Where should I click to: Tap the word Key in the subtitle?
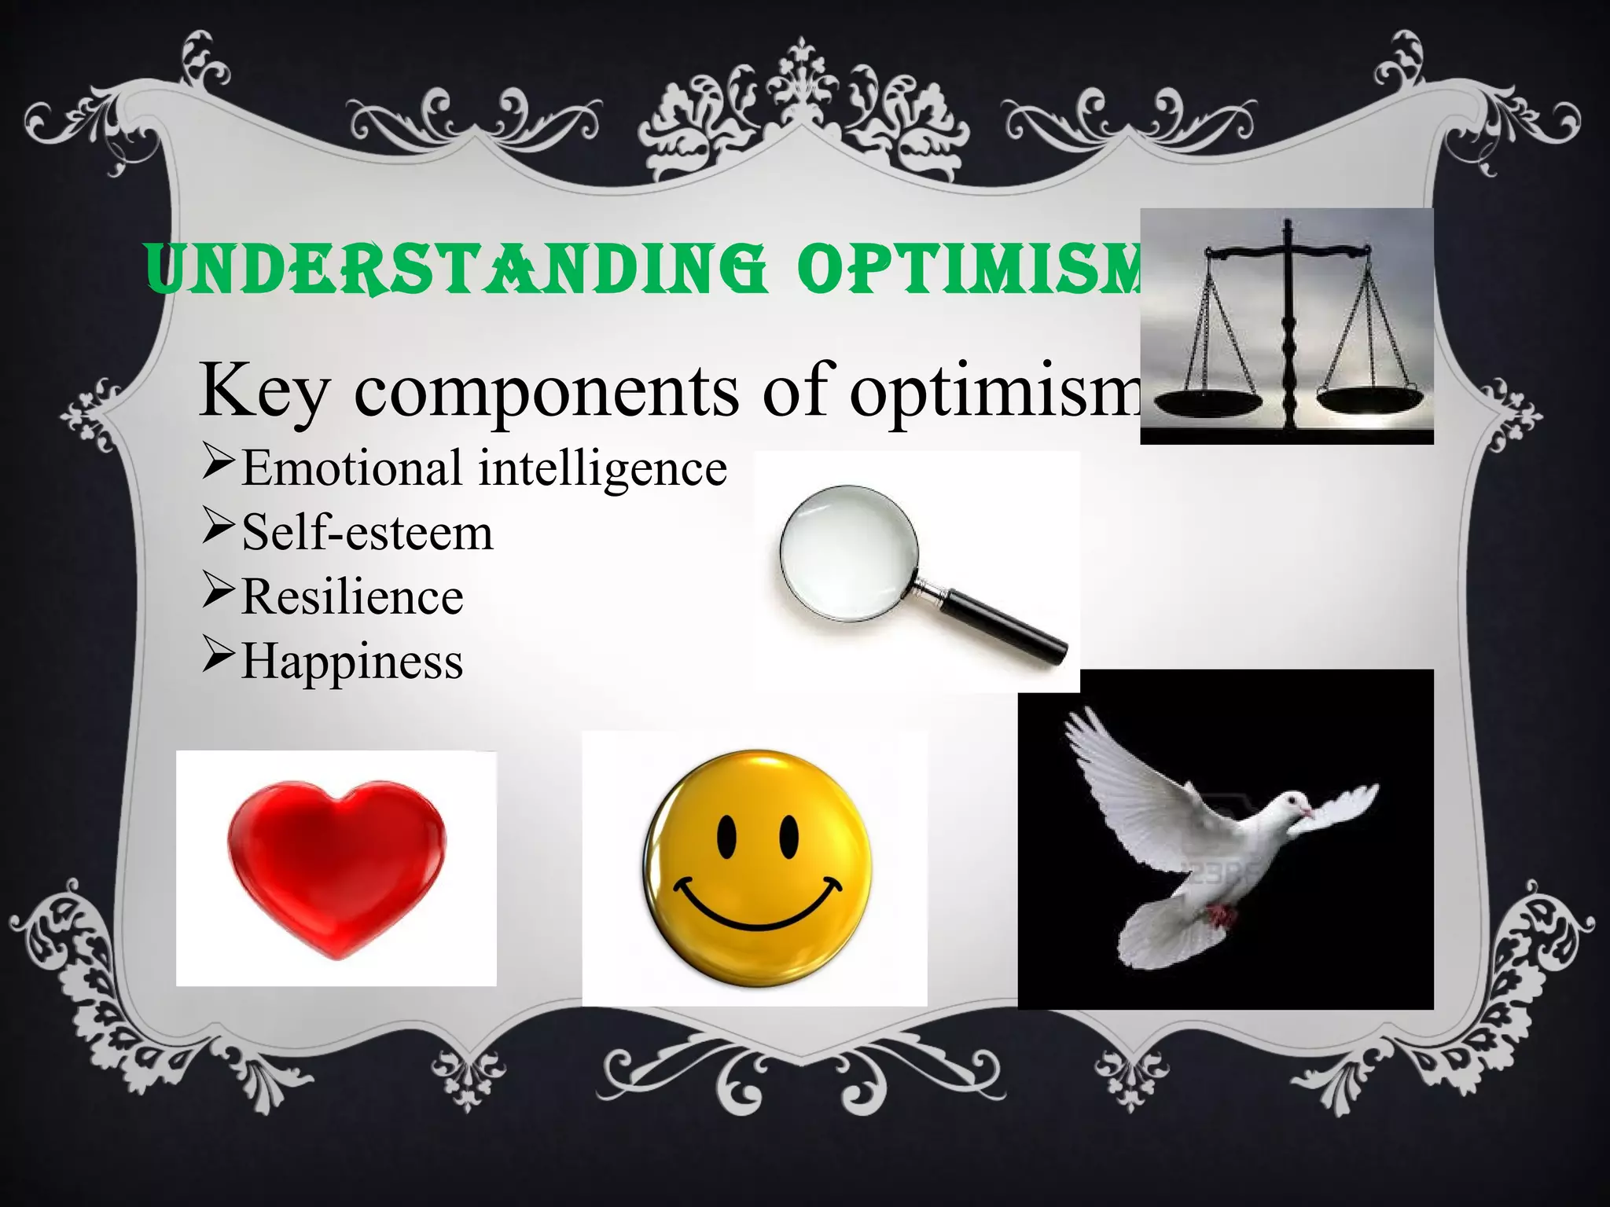[263, 391]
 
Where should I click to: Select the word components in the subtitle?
[546, 391]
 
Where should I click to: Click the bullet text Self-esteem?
[367, 533]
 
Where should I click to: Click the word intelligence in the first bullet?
[603, 468]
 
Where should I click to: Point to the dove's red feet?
[1219, 915]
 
